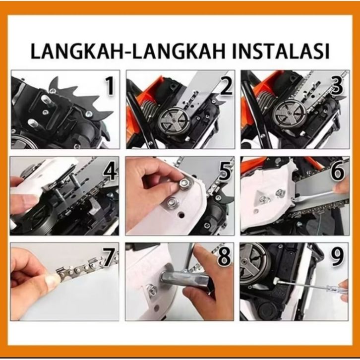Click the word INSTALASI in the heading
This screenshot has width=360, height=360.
(x=281, y=51)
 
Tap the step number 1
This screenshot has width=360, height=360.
(x=110, y=86)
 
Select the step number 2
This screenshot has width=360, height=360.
(x=226, y=86)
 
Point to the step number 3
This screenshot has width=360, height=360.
(x=338, y=86)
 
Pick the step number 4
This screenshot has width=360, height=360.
(x=111, y=171)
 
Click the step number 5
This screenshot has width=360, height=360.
(x=225, y=171)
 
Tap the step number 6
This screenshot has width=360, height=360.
(x=338, y=171)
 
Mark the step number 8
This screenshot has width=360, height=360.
(x=224, y=257)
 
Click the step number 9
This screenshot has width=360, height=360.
(x=338, y=257)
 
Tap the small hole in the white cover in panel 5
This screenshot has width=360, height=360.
(x=181, y=215)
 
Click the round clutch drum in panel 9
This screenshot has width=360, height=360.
(x=254, y=264)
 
